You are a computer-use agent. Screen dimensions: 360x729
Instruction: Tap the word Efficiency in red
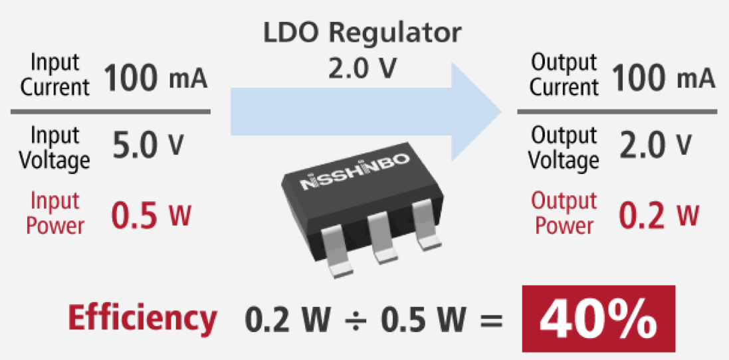point(142,319)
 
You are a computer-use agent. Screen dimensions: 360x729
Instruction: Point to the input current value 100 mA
point(156,79)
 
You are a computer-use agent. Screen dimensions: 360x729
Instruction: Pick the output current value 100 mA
point(663,79)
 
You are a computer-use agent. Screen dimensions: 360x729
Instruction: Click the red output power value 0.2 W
point(659,214)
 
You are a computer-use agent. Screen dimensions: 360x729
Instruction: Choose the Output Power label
point(564,213)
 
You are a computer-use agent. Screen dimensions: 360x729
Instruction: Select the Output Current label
point(564,74)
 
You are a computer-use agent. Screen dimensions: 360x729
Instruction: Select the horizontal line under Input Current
point(110,112)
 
